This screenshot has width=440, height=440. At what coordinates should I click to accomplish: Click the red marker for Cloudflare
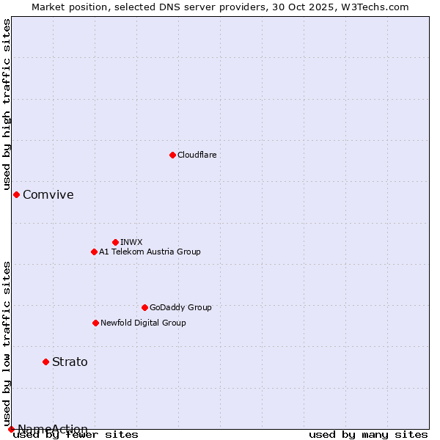tap(172, 155)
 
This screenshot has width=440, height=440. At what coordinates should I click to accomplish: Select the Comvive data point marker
tap(16, 194)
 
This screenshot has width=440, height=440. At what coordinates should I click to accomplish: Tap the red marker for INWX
tap(115, 242)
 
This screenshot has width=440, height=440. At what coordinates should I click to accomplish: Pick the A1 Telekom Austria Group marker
tap(94, 252)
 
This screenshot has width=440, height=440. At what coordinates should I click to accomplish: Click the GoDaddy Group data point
tap(144, 307)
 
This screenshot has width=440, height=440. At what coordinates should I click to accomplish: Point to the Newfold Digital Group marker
tap(95, 323)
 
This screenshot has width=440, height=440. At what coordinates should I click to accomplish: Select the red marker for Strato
tap(45, 362)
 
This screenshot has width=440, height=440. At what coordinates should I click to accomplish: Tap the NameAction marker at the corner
tap(11, 429)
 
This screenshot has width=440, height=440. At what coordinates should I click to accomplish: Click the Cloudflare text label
tap(197, 155)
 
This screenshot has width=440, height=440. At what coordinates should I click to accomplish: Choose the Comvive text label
tap(48, 194)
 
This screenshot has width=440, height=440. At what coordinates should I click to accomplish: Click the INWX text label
tap(131, 242)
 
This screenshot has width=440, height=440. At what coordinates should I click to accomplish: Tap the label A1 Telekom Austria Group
tap(150, 252)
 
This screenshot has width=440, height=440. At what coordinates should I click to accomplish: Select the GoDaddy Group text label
tap(180, 307)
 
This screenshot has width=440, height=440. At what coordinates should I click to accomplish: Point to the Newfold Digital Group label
tap(143, 323)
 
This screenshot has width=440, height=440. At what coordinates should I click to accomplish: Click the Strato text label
tap(70, 362)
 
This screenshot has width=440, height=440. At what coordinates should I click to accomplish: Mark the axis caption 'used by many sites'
tap(368, 434)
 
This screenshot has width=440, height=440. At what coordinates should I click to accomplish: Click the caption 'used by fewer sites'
tap(76, 434)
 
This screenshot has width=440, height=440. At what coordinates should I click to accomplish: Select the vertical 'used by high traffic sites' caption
tap(7, 104)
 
